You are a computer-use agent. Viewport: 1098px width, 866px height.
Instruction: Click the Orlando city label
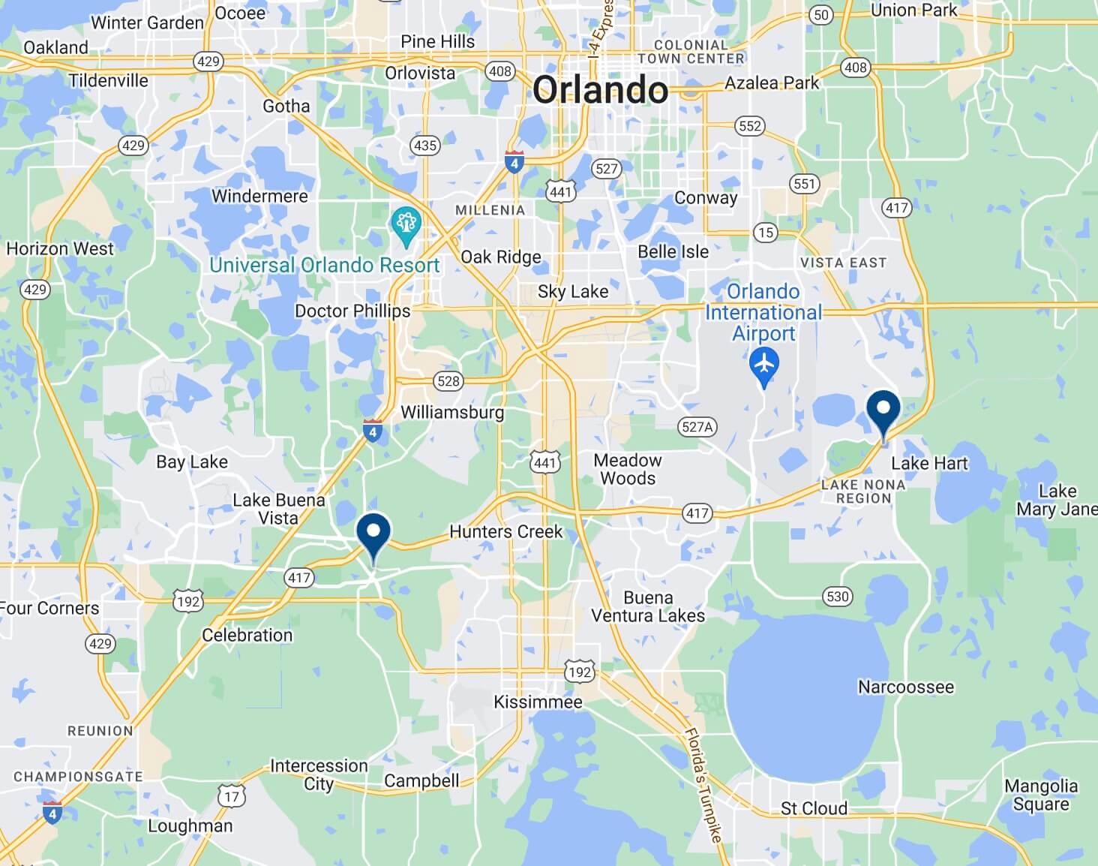600,91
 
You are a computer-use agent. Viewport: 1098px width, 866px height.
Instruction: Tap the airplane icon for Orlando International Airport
764,365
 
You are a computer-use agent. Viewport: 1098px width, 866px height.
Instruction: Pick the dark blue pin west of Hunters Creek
373,534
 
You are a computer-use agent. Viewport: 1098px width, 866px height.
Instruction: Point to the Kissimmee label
538,702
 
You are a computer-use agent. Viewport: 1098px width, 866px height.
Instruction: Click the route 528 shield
448,381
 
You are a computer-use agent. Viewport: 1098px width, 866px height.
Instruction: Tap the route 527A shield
697,427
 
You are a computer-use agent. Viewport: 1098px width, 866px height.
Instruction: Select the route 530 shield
837,597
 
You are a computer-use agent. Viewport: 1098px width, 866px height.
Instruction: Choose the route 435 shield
425,146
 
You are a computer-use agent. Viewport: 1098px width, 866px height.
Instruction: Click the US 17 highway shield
232,796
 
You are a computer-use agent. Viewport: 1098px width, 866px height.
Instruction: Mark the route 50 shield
821,15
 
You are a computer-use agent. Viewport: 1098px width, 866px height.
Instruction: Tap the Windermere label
259,197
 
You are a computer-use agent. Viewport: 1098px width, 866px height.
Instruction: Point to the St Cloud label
814,808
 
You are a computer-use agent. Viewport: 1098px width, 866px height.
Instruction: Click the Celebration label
247,635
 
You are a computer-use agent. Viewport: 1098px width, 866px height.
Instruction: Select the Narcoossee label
906,687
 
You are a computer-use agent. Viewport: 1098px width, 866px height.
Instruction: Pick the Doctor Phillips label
352,311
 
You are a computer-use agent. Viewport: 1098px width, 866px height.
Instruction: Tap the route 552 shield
750,126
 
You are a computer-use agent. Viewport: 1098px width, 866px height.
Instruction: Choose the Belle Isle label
673,252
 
